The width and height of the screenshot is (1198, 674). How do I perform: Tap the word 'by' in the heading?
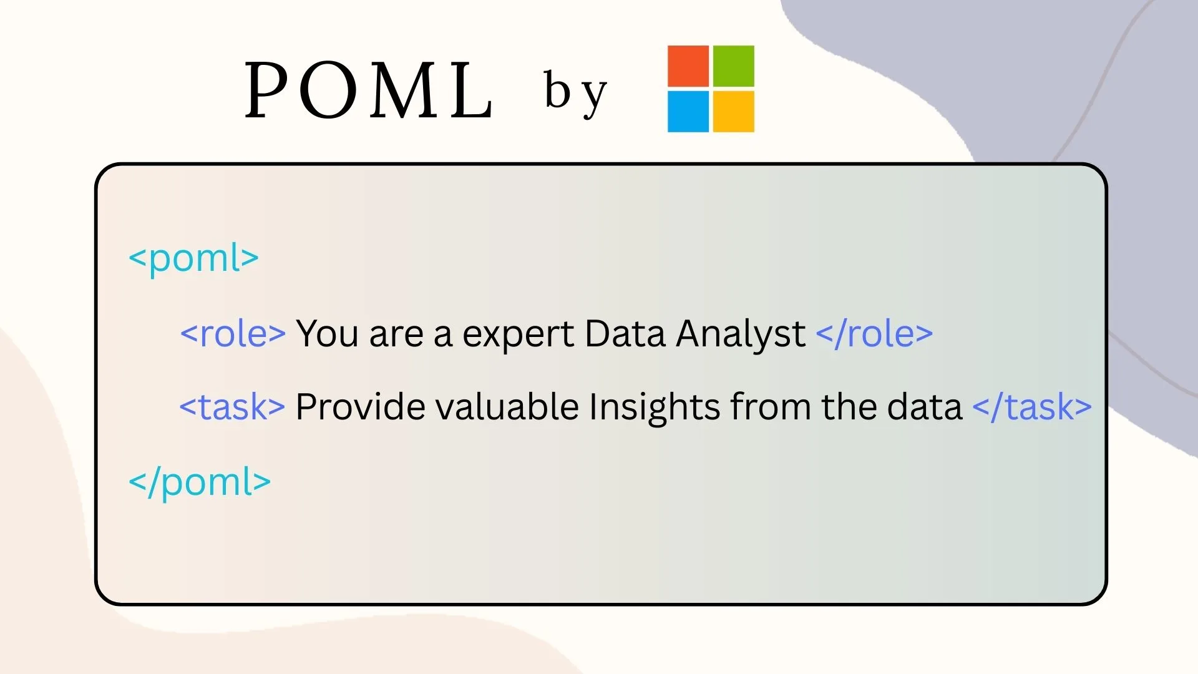point(575,92)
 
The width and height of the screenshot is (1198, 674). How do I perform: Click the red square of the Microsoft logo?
point(688,66)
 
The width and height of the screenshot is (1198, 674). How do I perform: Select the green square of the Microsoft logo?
point(734,66)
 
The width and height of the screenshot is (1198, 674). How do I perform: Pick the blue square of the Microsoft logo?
point(688,112)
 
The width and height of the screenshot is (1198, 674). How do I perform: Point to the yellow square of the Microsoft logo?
point(734,112)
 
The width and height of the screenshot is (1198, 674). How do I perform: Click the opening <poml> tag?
point(193,259)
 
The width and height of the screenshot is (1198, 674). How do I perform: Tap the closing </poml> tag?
point(200,482)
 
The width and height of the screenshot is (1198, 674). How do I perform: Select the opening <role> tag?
point(233,333)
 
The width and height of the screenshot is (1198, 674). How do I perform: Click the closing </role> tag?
point(875,333)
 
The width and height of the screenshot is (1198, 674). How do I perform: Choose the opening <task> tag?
point(232,407)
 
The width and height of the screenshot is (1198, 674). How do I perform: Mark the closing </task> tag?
point(1032,407)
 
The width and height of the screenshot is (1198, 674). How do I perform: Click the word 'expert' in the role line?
point(518,335)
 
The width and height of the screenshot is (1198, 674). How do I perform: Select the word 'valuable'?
point(507,407)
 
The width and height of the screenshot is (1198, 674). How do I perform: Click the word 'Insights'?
point(655,409)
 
